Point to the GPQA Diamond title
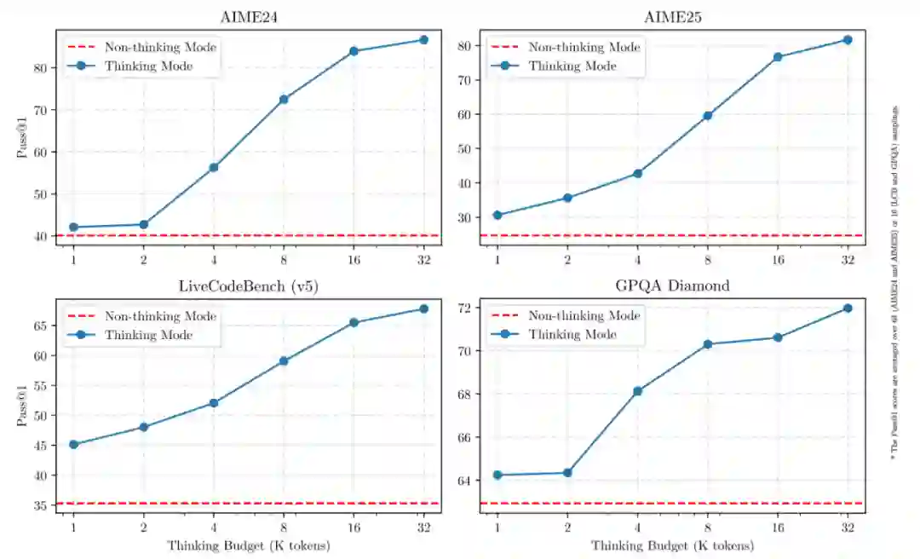[672, 285]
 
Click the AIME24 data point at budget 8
[284, 100]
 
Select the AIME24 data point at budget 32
[423, 40]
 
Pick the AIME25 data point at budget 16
[778, 57]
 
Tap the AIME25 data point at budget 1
[497, 215]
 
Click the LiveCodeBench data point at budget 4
[214, 403]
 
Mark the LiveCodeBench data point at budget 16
[354, 323]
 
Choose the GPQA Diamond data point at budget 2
[567, 473]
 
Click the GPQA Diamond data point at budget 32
[848, 308]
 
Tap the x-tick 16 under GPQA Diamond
[778, 527]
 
